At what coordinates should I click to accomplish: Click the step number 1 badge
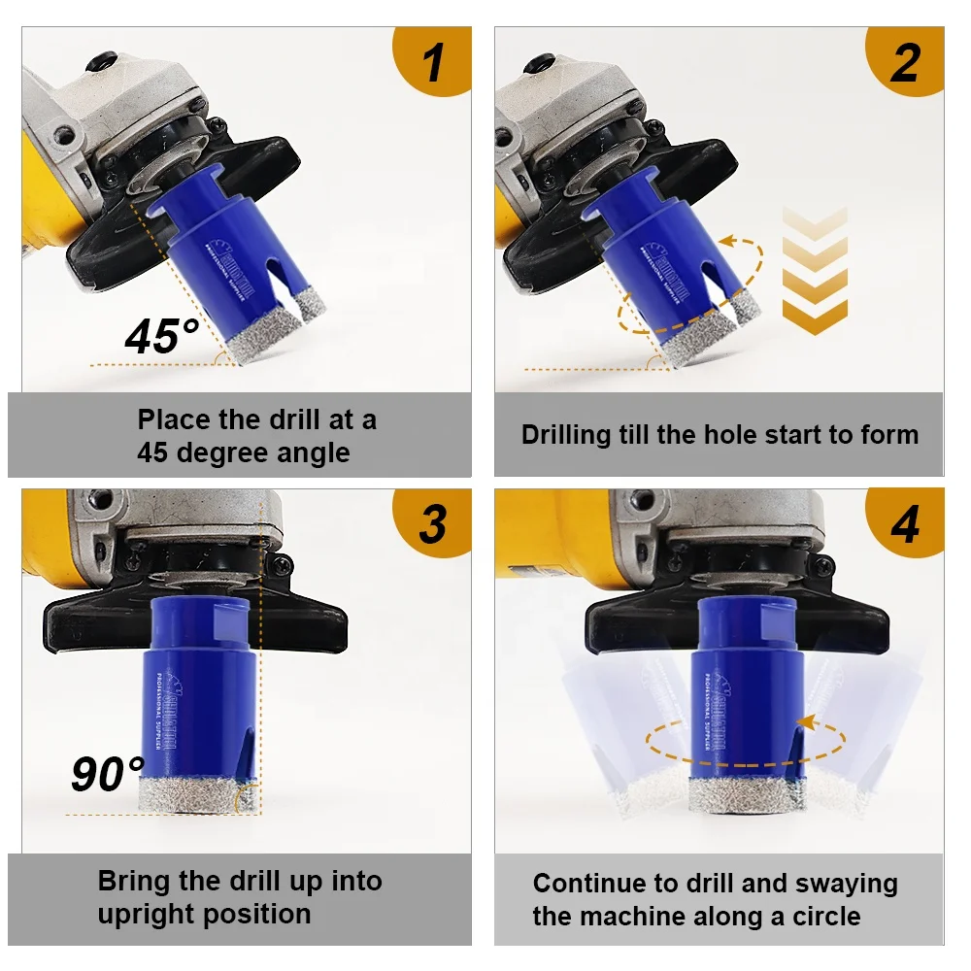pyautogui.click(x=434, y=62)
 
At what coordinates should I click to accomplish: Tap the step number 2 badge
pyautogui.click(x=905, y=62)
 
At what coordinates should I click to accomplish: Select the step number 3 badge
pyautogui.click(x=433, y=523)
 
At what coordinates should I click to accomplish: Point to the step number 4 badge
pyautogui.click(x=905, y=523)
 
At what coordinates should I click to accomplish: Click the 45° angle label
pyautogui.click(x=161, y=336)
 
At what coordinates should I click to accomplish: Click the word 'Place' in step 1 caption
pyautogui.click(x=174, y=420)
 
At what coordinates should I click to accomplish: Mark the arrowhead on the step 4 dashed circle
pyautogui.click(x=805, y=721)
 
